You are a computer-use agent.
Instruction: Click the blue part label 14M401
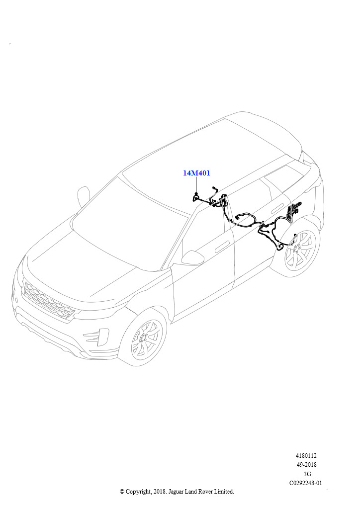(196, 173)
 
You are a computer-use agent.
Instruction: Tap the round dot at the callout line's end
(196, 194)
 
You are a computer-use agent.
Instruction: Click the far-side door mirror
(83, 197)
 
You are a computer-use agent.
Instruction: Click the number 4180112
(306, 456)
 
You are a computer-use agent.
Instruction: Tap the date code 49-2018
(306, 465)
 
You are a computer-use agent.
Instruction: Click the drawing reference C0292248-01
(306, 483)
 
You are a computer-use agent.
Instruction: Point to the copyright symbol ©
(122, 492)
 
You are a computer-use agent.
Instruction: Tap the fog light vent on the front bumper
(96, 337)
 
